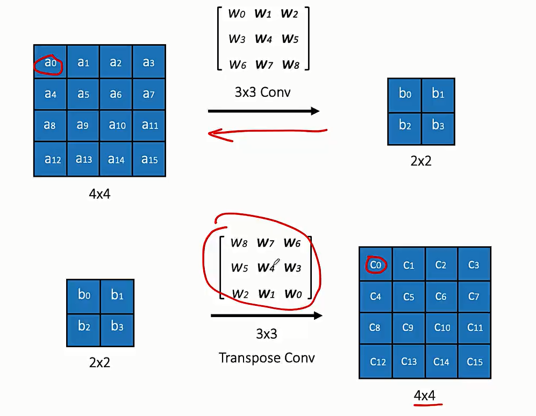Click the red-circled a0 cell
(50, 62)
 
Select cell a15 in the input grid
(149, 159)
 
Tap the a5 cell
(83, 95)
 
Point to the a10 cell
(117, 126)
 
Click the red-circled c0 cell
(376, 264)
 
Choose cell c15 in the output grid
(474, 362)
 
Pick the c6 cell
(441, 296)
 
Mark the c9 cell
(409, 327)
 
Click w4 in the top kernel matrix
(263, 39)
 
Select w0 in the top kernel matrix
(237, 14)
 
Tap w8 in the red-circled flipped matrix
(239, 242)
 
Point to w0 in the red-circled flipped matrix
(292, 293)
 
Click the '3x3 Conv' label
(262, 92)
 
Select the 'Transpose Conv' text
(267, 357)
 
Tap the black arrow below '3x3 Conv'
(263, 111)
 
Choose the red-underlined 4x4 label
(424, 396)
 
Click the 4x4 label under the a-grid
(99, 193)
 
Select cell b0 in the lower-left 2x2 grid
(84, 295)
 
